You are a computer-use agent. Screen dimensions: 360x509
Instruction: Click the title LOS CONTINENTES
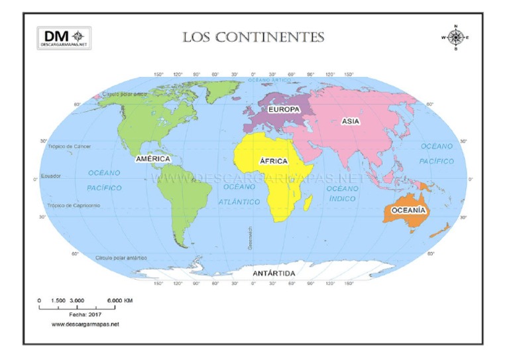pos(253,37)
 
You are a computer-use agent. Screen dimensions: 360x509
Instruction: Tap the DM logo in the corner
pos(64,37)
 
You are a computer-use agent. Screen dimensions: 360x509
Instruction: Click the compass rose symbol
pos(455,37)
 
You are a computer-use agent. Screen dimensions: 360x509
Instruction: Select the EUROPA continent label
pos(284,109)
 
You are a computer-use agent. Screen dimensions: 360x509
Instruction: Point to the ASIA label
pos(351,121)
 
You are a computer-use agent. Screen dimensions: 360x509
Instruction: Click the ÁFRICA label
pos(273,161)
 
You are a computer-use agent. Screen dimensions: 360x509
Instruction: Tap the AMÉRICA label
pos(153,159)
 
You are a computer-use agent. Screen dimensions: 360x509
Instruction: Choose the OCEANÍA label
pos(409,210)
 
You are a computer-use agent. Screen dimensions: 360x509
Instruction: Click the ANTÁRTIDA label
pos(274,273)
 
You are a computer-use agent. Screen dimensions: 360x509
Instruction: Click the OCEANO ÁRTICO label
pos(270,80)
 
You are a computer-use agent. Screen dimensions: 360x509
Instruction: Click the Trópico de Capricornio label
pos(74,206)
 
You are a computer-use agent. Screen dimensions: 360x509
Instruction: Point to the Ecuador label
pos(51,176)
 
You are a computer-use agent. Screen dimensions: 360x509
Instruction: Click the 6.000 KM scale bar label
pos(120,300)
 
